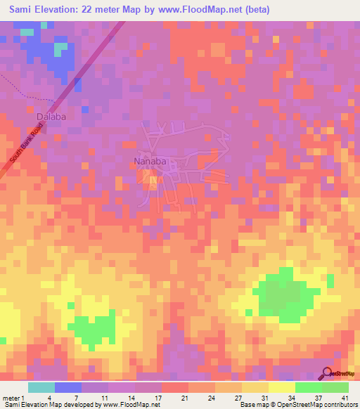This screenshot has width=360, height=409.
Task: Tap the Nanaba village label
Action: (x=150, y=161)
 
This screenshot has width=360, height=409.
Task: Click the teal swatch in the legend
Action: (x=41, y=387)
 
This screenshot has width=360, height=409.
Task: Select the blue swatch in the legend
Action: (x=67, y=387)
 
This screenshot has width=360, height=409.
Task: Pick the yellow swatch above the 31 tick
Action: (x=255, y=387)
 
